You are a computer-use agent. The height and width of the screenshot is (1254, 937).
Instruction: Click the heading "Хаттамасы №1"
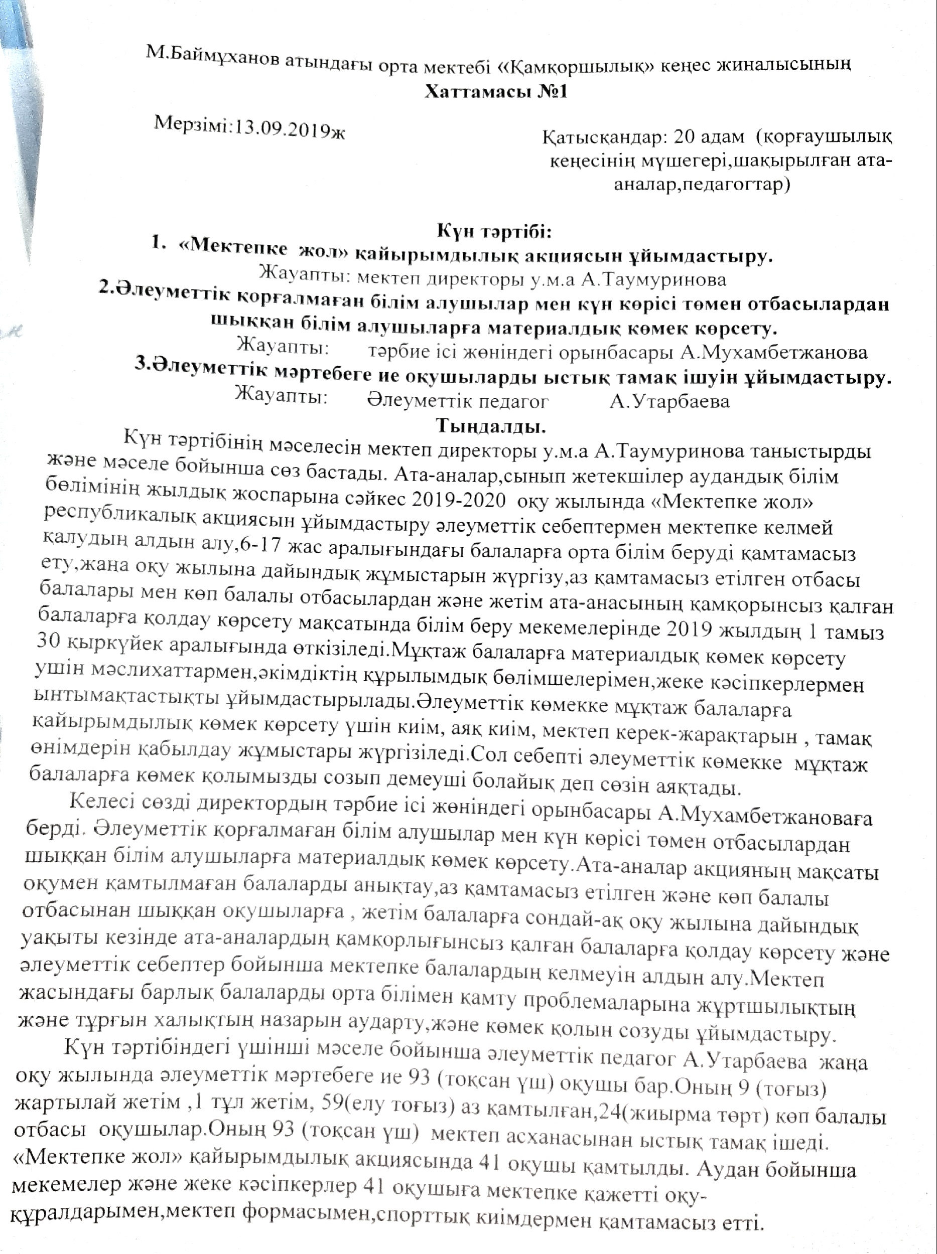click(496, 92)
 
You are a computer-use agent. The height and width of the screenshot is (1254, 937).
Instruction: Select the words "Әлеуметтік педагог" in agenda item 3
click(458, 401)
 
